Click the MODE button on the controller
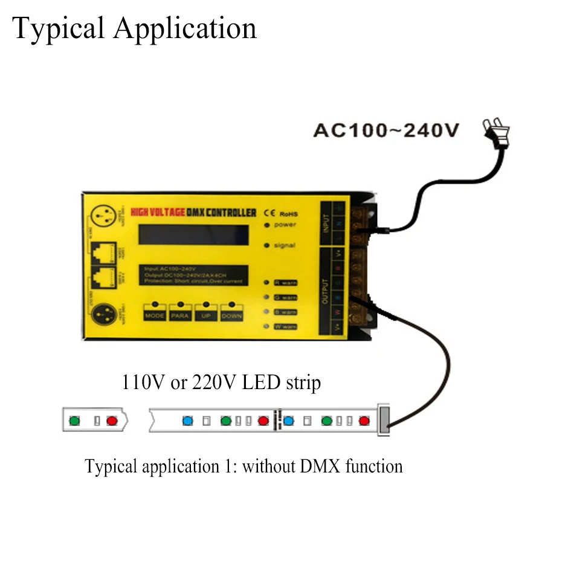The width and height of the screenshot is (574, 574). [x=155, y=315]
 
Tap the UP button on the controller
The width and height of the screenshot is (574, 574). [x=206, y=315]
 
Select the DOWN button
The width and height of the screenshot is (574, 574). [x=232, y=315]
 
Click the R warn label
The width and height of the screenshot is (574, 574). [x=284, y=282]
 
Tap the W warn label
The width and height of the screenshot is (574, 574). [x=284, y=327]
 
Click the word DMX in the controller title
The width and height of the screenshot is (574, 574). [x=202, y=213]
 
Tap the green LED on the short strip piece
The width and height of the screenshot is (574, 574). [x=74, y=420]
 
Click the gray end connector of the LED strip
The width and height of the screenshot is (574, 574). [x=383, y=420]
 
